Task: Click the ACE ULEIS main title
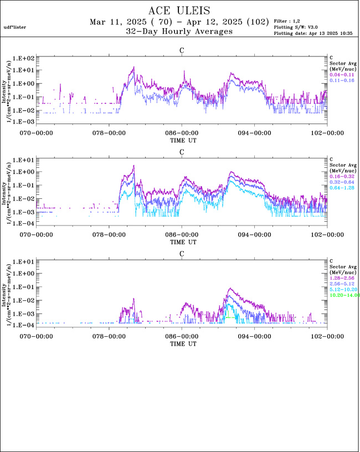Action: pos(180,11)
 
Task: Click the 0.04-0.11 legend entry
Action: pos(341,74)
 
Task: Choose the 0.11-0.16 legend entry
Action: pos(341,80)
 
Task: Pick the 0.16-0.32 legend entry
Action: pos(341,176)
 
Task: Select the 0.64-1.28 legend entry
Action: pos(341,188)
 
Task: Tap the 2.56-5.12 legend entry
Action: pos(341,283)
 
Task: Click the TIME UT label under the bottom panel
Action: pos(182,343)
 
